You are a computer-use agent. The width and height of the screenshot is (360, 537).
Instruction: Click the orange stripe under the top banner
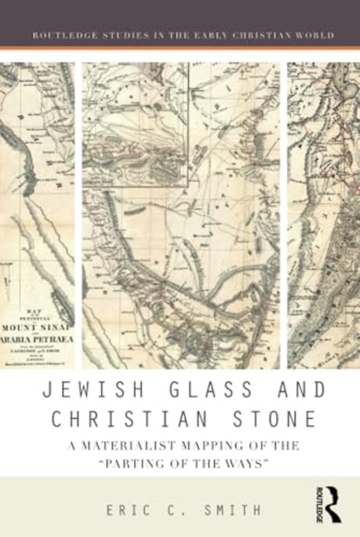[180, 48]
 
